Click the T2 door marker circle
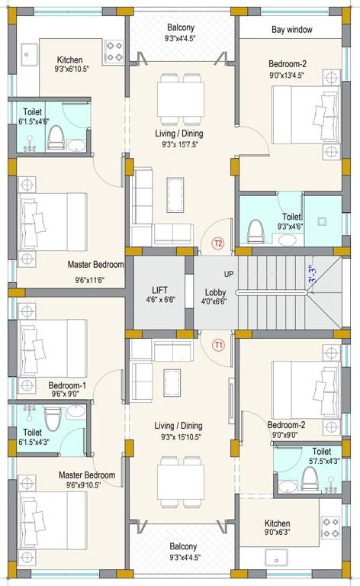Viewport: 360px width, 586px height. [x=218, y=243]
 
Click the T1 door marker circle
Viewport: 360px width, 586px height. [x=219, y=344]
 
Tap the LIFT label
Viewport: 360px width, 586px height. [x=159, y=290]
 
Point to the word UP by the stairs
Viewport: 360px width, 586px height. [x=228, y=274]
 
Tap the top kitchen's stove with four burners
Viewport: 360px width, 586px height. [x=114, y=51]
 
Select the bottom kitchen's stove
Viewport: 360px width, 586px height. [x=329, y=529]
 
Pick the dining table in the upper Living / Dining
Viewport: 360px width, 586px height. [x=179, y=99]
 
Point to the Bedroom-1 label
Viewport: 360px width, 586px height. [x=68, y=385]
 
